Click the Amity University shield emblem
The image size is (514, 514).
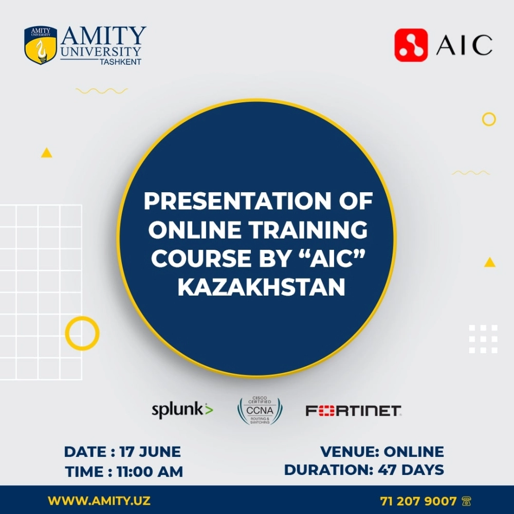click(x=41, y=45)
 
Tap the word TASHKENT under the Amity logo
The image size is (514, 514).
click(x=121, y=62)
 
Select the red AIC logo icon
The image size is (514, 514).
click(x=411, y=45)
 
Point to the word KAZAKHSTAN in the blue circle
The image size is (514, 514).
click(x=261, y=287)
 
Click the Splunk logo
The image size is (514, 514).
click(x=182, y=410)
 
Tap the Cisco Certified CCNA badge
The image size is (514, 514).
click(x=260, y=410)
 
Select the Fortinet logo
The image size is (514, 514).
click(x=354, y=411)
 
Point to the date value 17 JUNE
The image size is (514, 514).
click(x=150, y=452)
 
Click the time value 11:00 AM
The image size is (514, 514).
click(x=150, y=472)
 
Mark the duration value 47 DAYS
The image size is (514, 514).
click(x=411, y=470)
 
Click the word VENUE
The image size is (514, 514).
click(x=349, y=452)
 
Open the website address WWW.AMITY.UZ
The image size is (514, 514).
click(x=99, y=501)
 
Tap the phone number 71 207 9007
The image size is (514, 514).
click(x=418, y=501)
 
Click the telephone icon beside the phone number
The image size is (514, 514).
click(x=467, y=501)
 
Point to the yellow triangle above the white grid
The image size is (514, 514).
click(x=47, y=153)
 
